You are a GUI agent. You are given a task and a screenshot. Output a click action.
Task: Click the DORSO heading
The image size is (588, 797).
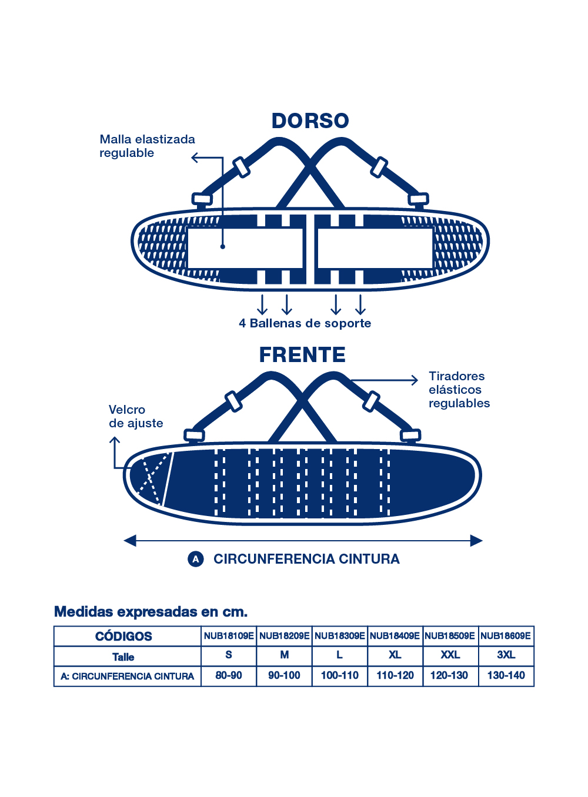pos(310,120)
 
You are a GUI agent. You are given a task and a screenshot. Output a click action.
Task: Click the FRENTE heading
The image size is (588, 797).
pos(302,355)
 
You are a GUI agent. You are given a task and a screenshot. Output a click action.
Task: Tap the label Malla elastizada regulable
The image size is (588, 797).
pos(147,146)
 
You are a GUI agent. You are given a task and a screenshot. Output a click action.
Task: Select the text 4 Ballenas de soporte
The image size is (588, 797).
pos(305,323)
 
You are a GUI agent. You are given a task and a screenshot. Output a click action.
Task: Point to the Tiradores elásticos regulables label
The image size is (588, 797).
pos(459,390)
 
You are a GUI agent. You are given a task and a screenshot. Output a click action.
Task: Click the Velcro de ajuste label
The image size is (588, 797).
pos(135,416)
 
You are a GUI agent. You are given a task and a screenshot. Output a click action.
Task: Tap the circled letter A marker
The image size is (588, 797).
pos(195,559)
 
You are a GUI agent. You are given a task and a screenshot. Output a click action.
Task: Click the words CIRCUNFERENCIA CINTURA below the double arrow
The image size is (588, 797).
pos(306,559)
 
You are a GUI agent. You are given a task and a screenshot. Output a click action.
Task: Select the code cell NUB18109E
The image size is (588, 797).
pos(229,636)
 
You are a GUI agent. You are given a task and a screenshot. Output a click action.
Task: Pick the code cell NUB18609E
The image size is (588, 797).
pos(506,636)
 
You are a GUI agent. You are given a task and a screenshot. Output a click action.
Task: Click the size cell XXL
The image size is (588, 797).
pos(450,655)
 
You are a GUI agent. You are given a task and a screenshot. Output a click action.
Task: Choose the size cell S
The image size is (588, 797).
pos(229,655)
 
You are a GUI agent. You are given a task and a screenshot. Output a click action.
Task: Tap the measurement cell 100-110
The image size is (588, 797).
pos(340,675)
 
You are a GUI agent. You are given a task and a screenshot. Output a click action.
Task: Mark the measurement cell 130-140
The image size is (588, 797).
pos(506,675)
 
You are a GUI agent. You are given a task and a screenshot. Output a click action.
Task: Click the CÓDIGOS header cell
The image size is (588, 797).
pos(123,637)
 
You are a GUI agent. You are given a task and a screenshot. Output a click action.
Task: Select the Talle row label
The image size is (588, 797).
pos(123,657)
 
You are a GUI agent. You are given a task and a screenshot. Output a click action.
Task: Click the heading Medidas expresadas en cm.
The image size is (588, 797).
pos(151,612)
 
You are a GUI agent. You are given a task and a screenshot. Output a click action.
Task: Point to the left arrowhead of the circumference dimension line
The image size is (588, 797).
pos(130,541)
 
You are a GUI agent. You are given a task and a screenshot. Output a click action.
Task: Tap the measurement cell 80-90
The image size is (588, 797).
pos(229,675)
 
